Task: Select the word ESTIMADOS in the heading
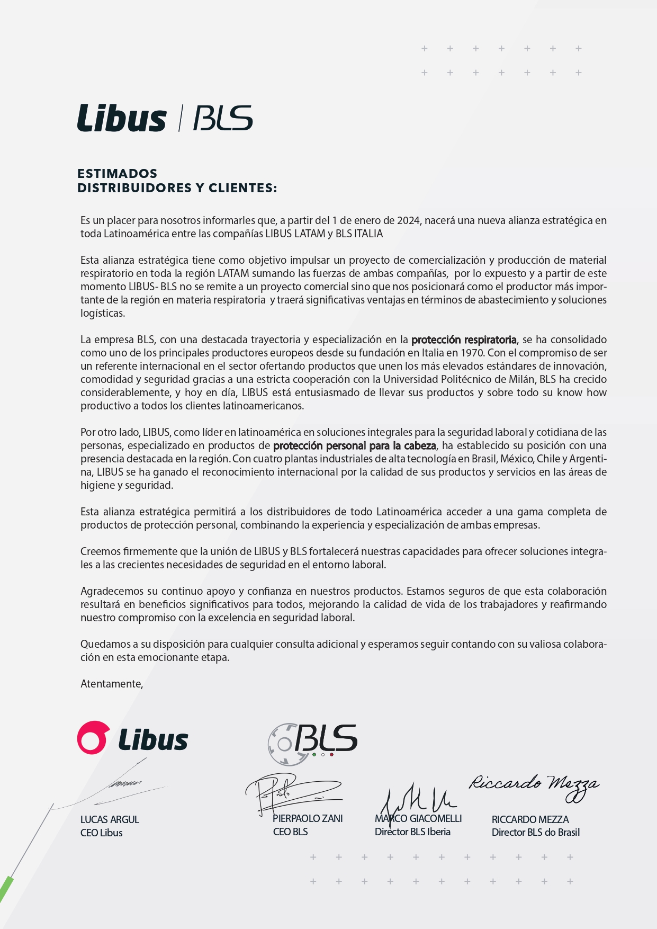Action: (x=117, y=174)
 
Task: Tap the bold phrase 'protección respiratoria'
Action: (x=464, y=340)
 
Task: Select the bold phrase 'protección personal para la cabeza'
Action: (x=354, y=445)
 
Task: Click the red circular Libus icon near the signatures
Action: (x=93, y=737)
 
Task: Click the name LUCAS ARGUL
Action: (x=110, y=819)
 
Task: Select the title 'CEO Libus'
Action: (x=101, y=833)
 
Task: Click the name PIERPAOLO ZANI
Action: (x=308, y=818)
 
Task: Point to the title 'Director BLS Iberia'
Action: (x=412, y=832)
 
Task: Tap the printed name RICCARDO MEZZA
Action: (x=530, y=819)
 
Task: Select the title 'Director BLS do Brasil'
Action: (x=535, y=832)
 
